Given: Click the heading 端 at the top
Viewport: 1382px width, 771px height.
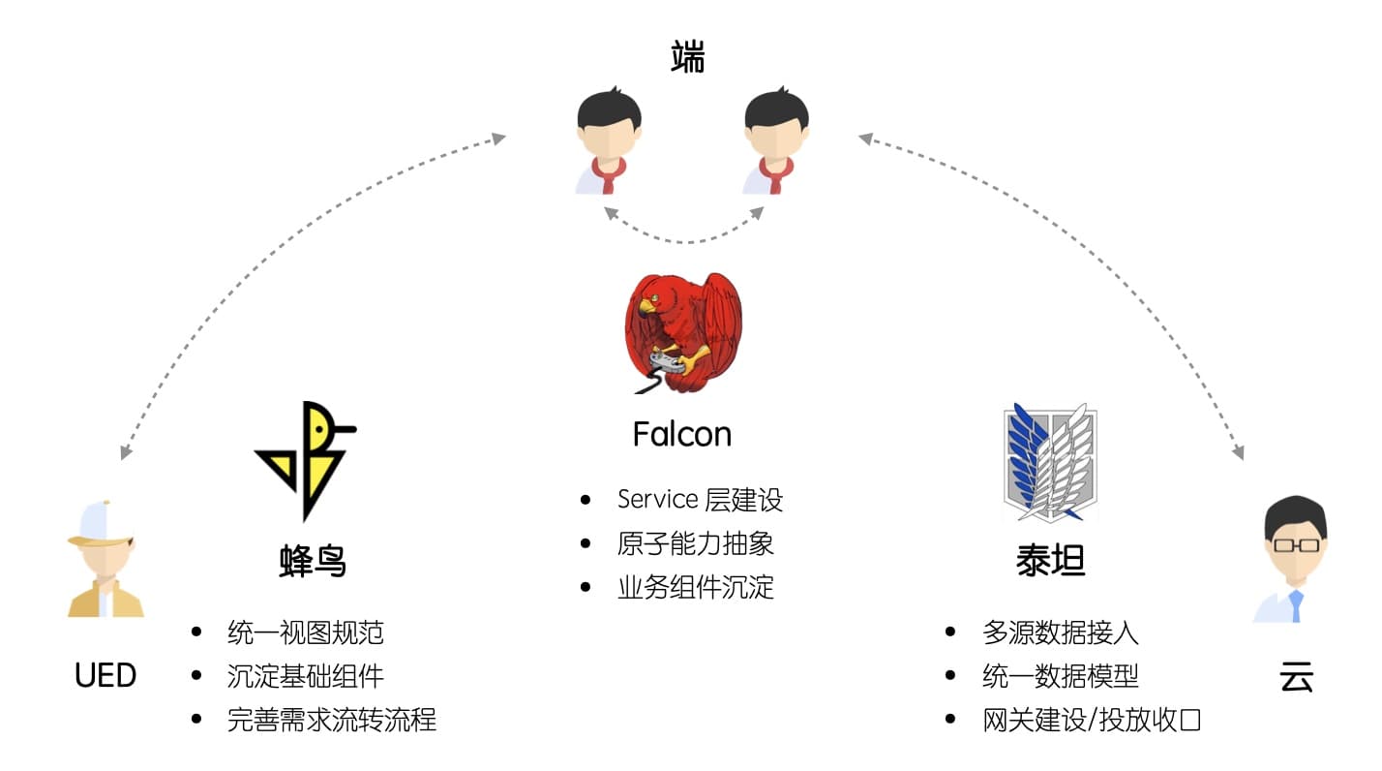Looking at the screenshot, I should (x=688, y=58).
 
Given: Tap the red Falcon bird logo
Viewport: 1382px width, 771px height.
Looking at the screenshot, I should (x=681, y=333).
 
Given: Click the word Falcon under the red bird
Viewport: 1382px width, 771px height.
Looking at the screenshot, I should (x=681, y=434).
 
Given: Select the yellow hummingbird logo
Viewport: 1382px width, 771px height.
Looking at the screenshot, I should (x=305, y=459).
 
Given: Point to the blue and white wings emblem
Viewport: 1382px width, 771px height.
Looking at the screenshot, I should (x=1050, y=463).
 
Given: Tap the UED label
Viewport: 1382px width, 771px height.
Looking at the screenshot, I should (x=105, y=675).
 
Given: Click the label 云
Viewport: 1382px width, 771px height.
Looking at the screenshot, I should (x=1296, y=677).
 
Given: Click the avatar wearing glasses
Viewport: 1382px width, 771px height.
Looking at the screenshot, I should (x=1294, y=560).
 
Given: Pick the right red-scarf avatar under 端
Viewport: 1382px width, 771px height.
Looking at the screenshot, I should (x=775, y=141).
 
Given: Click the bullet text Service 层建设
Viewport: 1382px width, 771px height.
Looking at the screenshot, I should (x=700, y=500).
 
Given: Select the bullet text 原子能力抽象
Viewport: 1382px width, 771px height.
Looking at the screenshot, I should (x=695, y=543).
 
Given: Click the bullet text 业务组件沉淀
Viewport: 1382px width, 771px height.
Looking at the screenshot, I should (x=695, y=587).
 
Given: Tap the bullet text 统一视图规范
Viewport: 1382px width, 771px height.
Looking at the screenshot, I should (x=305, y=632).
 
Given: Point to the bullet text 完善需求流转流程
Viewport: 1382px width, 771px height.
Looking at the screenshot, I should (x=331, y=720).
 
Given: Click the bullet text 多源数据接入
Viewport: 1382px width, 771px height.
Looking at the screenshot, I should (x=1060, y=632).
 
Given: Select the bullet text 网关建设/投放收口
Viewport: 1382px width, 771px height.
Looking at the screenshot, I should (x=1091, y=720).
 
